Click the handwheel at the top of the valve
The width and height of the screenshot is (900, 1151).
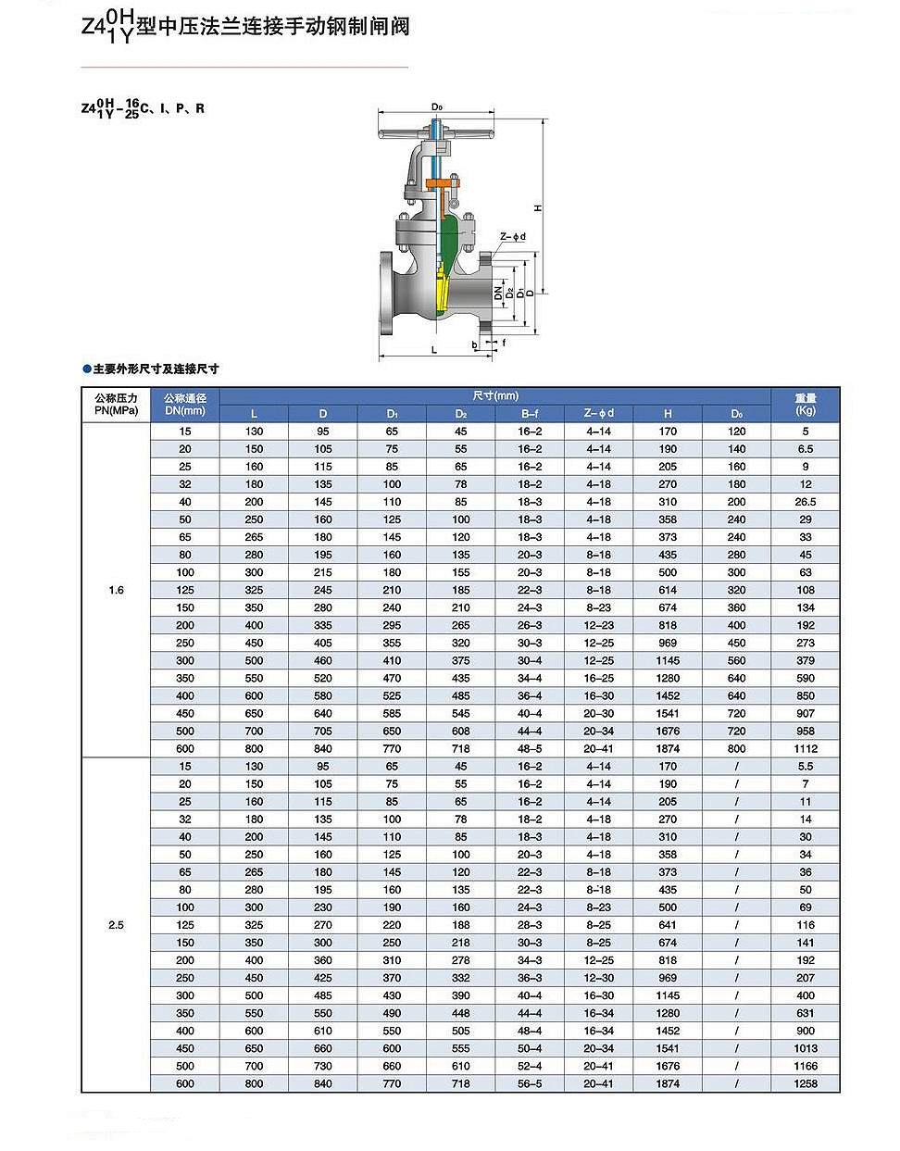[x=434, y=135]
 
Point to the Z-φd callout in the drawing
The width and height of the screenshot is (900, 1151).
[x=513, y=237]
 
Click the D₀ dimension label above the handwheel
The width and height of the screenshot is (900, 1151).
[x=436, y=107]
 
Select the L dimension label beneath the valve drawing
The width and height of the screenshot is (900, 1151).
[x=434, y=350]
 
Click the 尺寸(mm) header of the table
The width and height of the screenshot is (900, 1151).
[x=495, y=396]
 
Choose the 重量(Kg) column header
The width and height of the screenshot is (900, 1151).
[x=806, y=404]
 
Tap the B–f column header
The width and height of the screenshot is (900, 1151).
[x=530, y=414]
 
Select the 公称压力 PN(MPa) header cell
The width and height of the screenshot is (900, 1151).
[x=116, y=404]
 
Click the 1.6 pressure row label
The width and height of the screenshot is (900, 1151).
[x=116, y=590]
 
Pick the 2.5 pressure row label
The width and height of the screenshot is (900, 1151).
[x=116, y=925]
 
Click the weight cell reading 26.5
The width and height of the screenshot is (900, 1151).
[x=806, y=502]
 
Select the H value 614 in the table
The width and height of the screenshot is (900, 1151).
[x=668, y=590]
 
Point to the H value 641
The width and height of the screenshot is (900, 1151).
[x=668, y=925]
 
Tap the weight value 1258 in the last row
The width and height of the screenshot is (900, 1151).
[x=806, y=1083]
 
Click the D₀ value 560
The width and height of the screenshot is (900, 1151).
[x=736, y=660]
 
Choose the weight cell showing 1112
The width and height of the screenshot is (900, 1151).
[x=806, y=748]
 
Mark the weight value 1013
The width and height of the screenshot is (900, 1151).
[x=806, y=1048]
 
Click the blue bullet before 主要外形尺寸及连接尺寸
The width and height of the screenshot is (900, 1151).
[x=87, y=369]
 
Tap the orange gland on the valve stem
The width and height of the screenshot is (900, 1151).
[x=444, y=182]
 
